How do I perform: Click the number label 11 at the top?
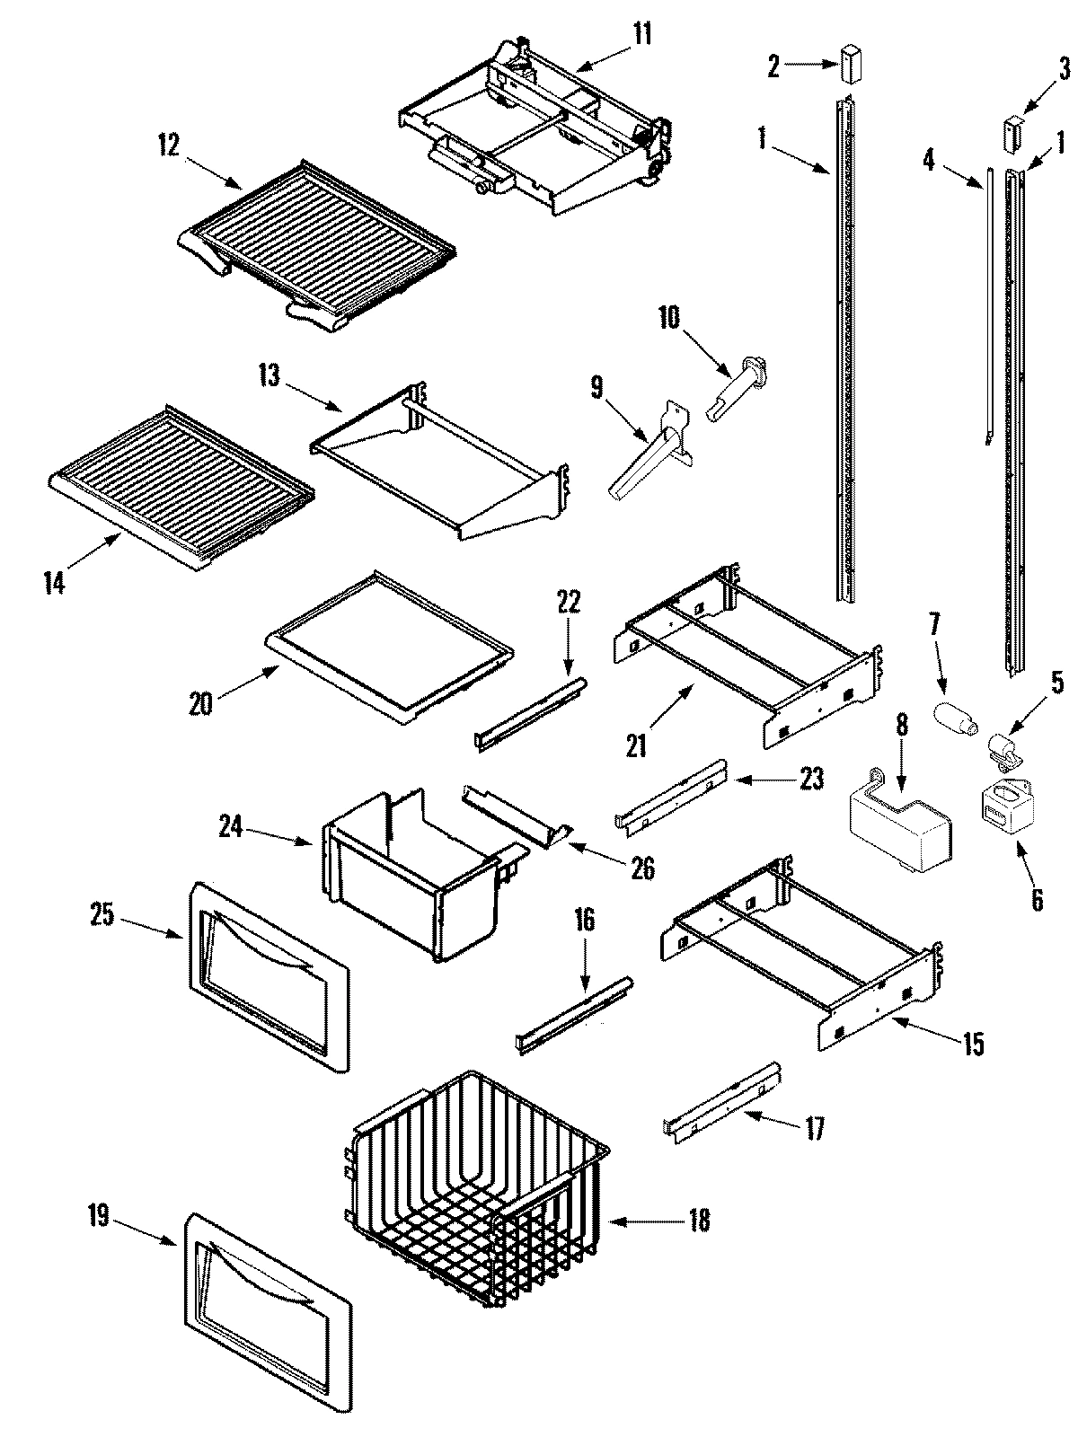642,36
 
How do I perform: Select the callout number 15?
972,1045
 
